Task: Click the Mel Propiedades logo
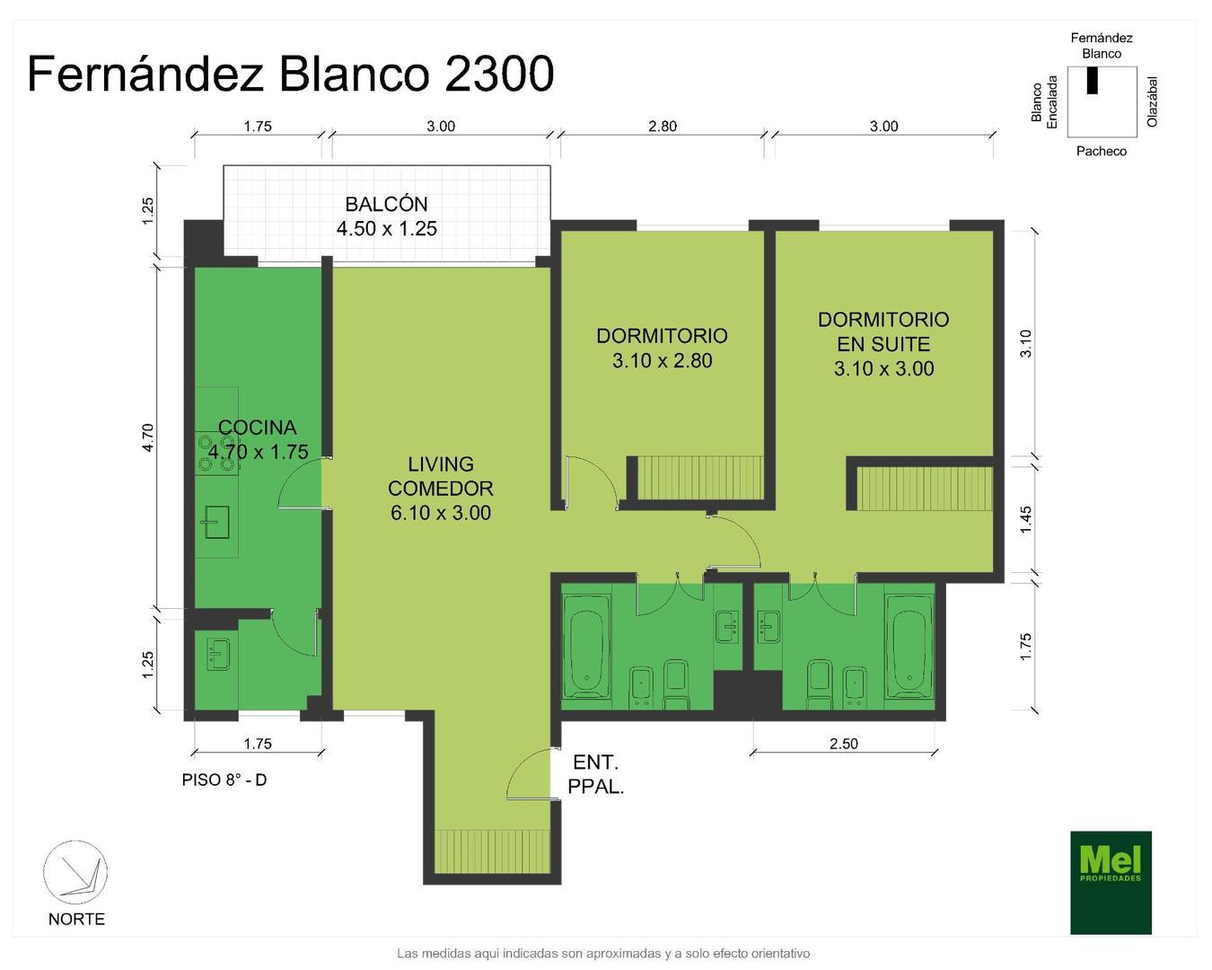pos(1111,882)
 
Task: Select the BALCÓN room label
pos(387,216)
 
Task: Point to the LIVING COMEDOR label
pos(440,489)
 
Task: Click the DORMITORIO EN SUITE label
pos(883,344)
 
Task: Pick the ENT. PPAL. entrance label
pos(596,775)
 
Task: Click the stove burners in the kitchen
pos(216,454)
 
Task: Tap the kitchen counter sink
pos(216,522)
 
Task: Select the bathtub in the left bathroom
pos(586,643)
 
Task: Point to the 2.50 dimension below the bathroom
pos(843,744)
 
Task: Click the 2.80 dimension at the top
pos(663,127)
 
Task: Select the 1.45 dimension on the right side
pos(1026,519)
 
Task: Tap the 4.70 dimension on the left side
pos(148,437)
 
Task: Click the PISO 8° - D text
pos(224,780)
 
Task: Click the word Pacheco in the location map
pos(1101,151)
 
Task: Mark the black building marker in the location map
pos(1093,80)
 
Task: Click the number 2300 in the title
pos(499,74)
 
